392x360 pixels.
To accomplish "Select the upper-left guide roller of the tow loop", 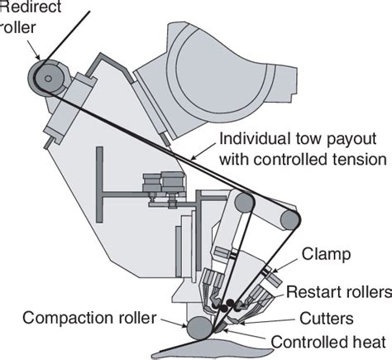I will pos(242,202).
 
